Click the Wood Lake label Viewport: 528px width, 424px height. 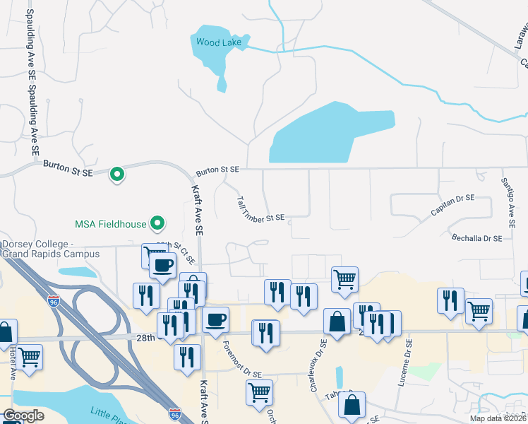pos(219,42)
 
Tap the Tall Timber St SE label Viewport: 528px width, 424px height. pos(260,210)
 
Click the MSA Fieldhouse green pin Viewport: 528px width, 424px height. pos(159,224)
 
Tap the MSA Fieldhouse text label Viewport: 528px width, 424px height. pos(111,225)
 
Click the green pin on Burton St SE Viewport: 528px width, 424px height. pos(118,173)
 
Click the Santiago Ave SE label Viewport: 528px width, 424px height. pos(508,201)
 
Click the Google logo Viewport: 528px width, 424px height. pos(23,416)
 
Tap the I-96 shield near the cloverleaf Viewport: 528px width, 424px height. pos(54,301)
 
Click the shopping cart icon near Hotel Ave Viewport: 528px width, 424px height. pos(30,357)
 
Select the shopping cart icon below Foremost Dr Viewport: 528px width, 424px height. pos(259,391)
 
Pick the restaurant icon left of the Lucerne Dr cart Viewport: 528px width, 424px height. pos(450,301)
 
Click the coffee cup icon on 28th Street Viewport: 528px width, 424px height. pos(215,319)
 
